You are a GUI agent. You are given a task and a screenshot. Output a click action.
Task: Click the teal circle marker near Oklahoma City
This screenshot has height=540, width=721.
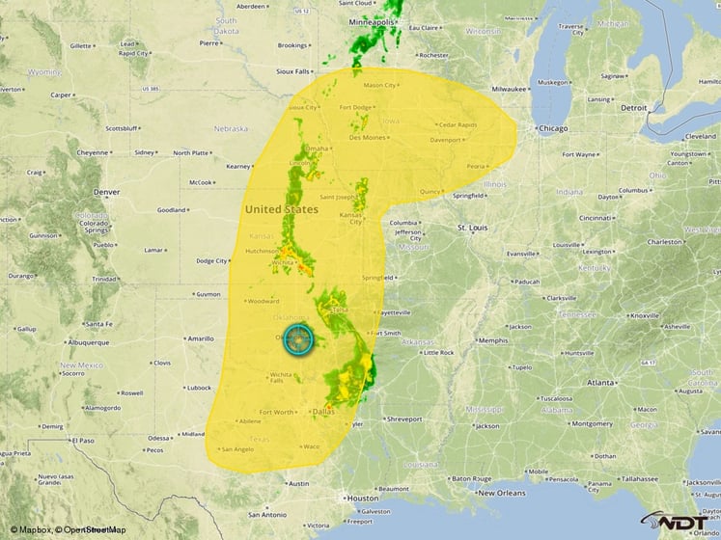(x=299, y=340)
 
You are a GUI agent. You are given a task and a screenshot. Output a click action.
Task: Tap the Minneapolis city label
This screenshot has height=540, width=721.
(x=374, y=21)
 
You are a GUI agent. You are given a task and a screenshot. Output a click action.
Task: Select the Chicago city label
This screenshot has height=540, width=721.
(x=554, y=128)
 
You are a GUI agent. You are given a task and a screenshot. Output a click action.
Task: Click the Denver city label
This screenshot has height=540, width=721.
(x=107, y=192)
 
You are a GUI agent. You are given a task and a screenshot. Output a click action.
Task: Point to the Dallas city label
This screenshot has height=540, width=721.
(x=324, y=412)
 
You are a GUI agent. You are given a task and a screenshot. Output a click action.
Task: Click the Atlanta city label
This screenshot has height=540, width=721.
(x=600, y=383)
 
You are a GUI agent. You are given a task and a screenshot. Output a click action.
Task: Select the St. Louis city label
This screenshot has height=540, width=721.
(x=475, y=228)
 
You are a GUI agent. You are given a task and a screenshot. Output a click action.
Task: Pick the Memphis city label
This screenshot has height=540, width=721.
(x=493, y=340)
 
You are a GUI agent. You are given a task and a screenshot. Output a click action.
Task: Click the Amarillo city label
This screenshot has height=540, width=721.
(x=200, y=338)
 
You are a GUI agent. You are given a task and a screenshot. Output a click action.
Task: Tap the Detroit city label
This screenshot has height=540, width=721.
(x=634, y=108)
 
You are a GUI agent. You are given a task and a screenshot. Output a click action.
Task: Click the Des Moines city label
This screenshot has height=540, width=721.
(x=368, y=137)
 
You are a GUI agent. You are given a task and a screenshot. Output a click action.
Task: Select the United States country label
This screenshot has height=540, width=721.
(x=281, y=209)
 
